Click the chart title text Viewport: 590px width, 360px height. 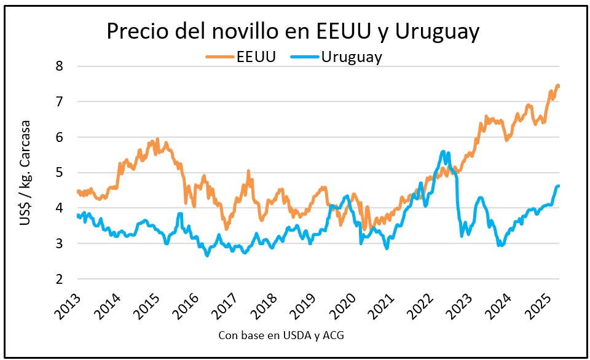(293, 32)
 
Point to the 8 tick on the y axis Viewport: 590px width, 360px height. (60, 66)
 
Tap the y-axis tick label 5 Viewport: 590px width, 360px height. (60, 173)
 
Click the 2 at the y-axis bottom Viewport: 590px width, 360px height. (60, 280)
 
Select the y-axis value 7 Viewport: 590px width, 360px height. (60, 101)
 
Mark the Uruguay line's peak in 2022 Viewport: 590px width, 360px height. (443, 151)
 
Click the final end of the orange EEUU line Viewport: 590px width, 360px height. (558, 85)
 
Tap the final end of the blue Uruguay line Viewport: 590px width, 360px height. (558, 186)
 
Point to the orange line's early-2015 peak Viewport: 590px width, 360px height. (157, 139)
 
